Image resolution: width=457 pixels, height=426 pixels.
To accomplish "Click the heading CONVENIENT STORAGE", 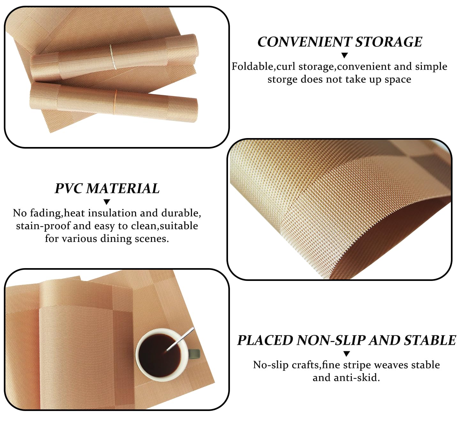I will point(340,42).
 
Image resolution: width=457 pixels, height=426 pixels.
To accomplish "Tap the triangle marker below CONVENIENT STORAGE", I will point(345,55).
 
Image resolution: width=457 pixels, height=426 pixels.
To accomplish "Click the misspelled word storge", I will point(283,79).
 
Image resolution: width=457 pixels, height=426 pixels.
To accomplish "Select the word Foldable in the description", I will point(252,66).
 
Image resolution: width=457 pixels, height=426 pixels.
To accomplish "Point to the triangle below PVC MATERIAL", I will point(107,202).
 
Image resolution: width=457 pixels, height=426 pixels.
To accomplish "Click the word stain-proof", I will point(43,226).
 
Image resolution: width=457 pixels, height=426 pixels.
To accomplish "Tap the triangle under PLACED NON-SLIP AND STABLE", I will point(347,354).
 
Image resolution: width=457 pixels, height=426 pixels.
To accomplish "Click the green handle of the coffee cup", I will point(194,354).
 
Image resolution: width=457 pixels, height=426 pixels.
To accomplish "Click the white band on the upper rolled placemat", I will point(112,57).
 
